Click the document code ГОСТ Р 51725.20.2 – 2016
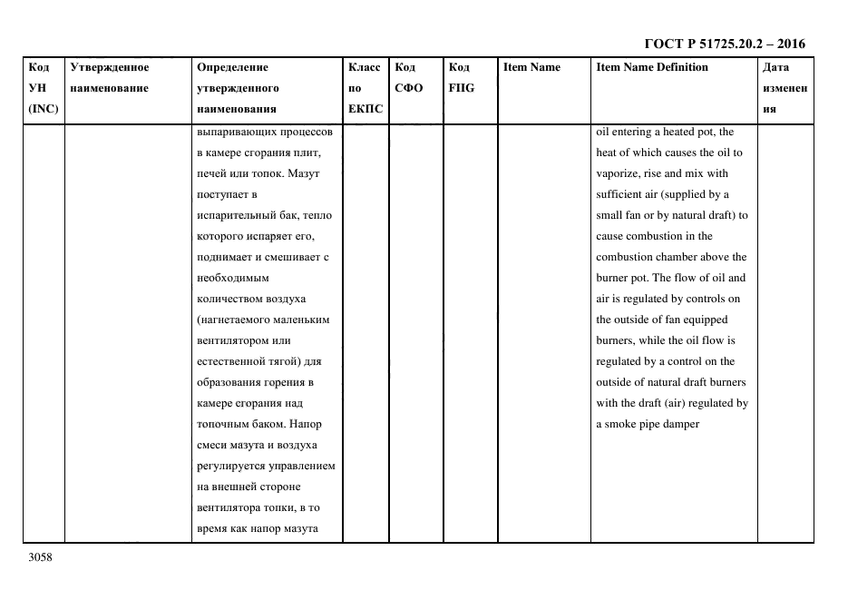[724, 44]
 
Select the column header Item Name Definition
[652, 67]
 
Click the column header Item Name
[531, 67]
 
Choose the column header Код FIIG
[461, 78]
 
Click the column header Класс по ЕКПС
[366, 88]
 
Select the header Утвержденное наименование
[109, 78]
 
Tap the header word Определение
[232, 67]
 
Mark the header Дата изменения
[785, 88]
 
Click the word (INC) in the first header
[44, 109]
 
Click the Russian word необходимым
[232, 278]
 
